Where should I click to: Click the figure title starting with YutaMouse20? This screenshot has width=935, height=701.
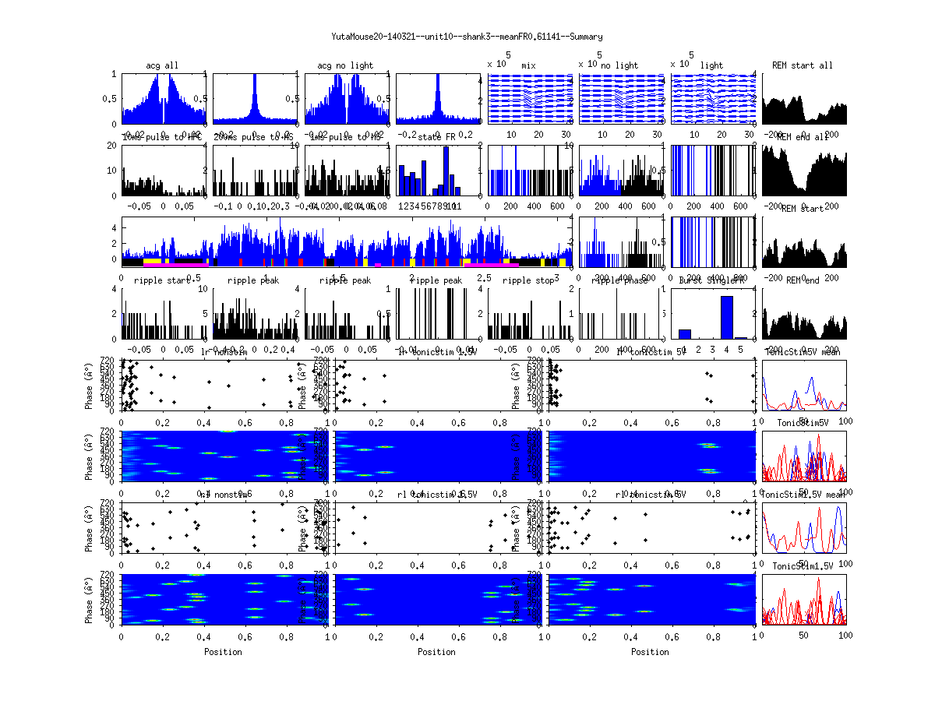[467, 37]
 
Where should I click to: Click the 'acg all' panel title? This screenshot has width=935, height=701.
[162, 65]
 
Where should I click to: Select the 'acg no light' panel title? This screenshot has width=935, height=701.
[345, 65]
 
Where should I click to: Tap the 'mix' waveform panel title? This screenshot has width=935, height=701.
[530, 65]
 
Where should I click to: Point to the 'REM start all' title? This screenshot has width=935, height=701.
[803, 65]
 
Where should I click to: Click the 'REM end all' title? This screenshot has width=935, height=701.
[803, 137]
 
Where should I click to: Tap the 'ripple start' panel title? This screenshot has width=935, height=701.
[162, 280]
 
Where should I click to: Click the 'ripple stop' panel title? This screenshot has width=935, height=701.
[530, 280]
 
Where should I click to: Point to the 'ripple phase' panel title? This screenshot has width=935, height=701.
[621, 280]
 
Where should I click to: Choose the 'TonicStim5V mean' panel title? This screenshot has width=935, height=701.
[803, 352]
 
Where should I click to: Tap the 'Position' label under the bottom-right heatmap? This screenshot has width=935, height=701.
[651, 652]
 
